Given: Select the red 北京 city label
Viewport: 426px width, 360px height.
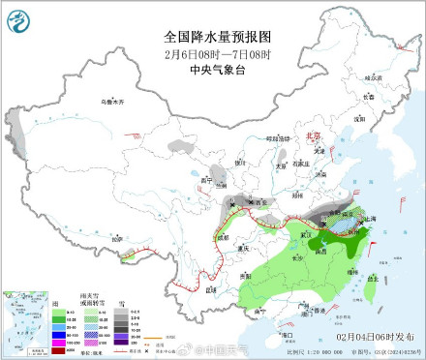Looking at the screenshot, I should tap(311, 138).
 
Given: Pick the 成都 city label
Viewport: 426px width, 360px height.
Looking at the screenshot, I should tap(224, 237).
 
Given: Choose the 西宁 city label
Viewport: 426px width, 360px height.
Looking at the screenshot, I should tap(204, 180).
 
